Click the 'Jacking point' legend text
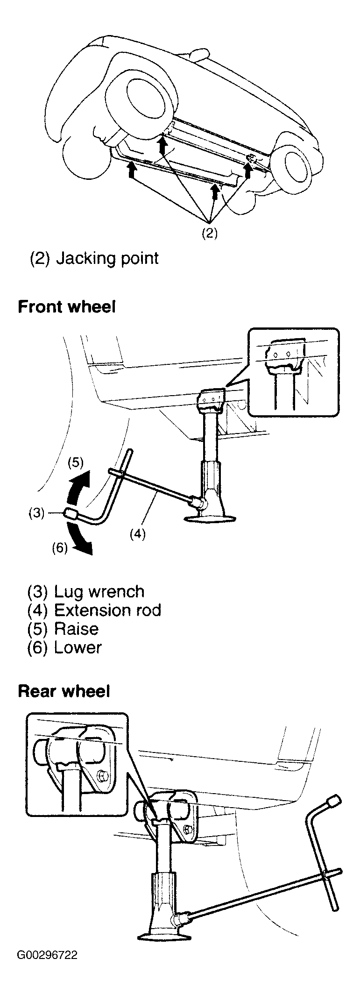[x=107, y=258]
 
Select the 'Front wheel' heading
[x=66, y=307]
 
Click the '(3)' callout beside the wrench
[x=35, y=513]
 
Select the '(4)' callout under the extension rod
[x=137, y=533]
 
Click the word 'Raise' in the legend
[x=77, y=629]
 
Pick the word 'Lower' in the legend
[x=78, y=647]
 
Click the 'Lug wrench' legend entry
[x=99, y=592]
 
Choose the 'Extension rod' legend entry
[x=108, y=610]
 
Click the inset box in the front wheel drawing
[x=294, y=372]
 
